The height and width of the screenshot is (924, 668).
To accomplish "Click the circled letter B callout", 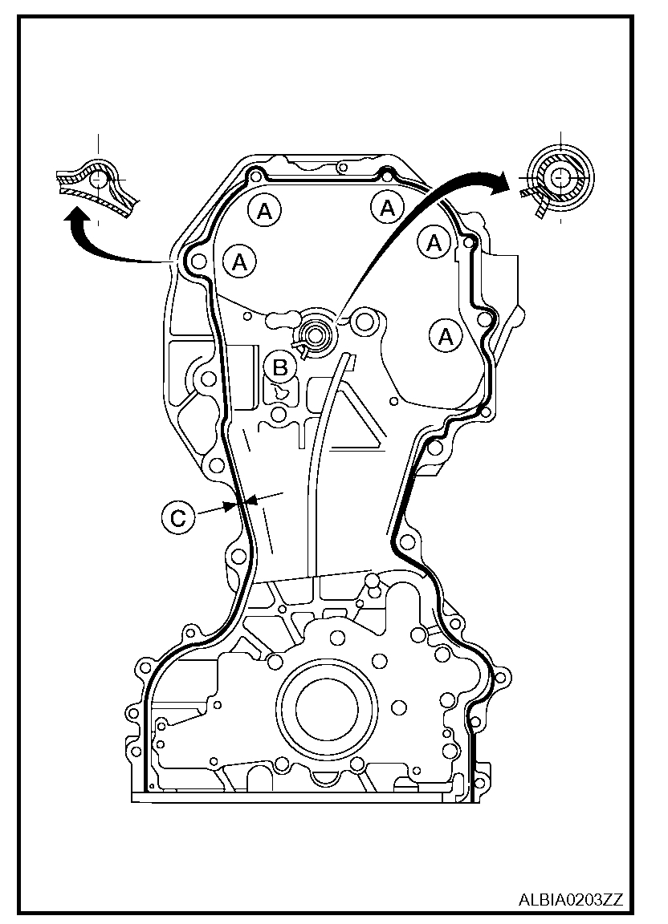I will [280, 367].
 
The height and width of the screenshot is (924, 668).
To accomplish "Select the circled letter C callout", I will [178, 516].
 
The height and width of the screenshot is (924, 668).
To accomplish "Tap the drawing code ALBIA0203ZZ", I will [570, 899].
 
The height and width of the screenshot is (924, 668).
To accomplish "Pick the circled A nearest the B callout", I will [239, 261].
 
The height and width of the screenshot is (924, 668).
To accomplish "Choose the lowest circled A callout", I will [446, 336].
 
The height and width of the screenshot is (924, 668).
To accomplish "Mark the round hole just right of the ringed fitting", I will [365, 322].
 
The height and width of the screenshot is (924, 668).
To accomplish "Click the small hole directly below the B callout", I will [278, 414].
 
